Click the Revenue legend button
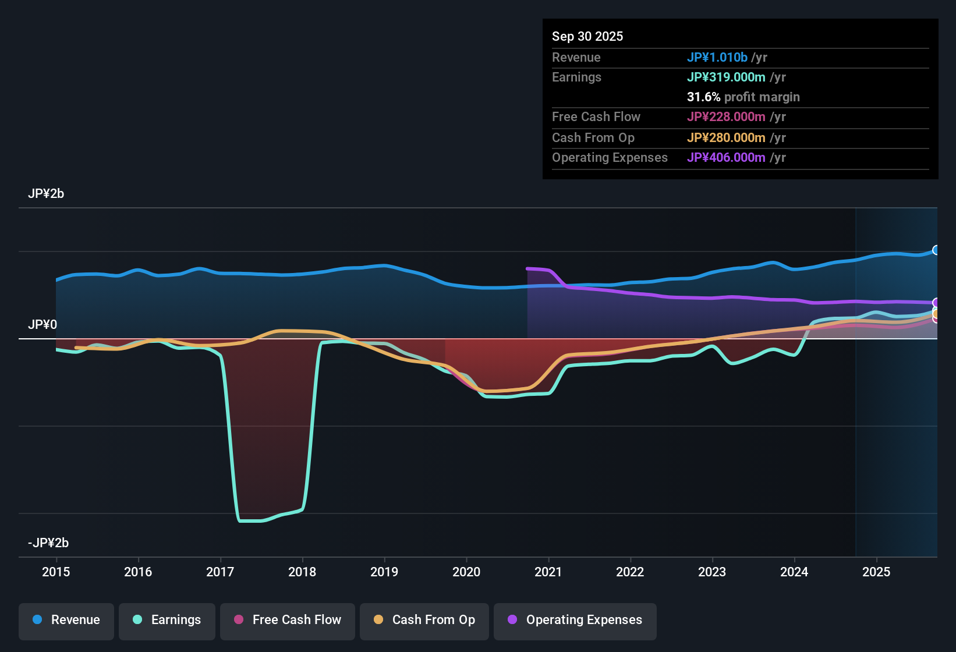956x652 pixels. coord(66,620)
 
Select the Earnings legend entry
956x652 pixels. coord(167,620)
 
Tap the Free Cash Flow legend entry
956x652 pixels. coord(288,620)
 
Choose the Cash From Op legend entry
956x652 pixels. coord(424,620)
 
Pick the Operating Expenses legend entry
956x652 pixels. coord(575,620)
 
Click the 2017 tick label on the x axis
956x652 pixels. coord(220,572)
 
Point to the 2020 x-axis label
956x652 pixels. coord(466,572)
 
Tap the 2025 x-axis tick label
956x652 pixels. coord(876,572)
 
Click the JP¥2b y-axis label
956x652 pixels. coord(46,194)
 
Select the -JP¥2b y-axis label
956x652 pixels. coord(48,543)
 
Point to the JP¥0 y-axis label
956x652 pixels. coord(43,325)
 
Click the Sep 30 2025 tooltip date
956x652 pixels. coord(587,37)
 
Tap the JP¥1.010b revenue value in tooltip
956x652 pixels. coord(717,58)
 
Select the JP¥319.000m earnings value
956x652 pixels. coord(726,77)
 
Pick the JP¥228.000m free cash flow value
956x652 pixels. coord(726,117)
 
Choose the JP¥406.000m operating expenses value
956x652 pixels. coord(726,158)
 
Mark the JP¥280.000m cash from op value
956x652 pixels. coord(726,138)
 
